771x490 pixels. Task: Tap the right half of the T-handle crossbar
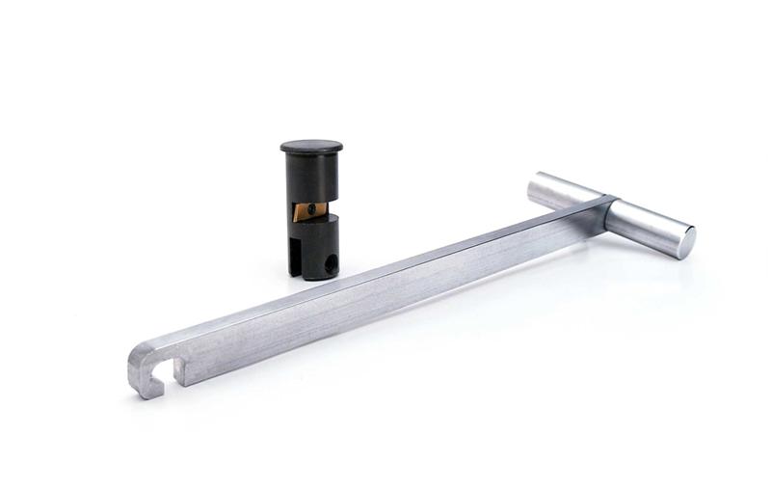651,223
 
